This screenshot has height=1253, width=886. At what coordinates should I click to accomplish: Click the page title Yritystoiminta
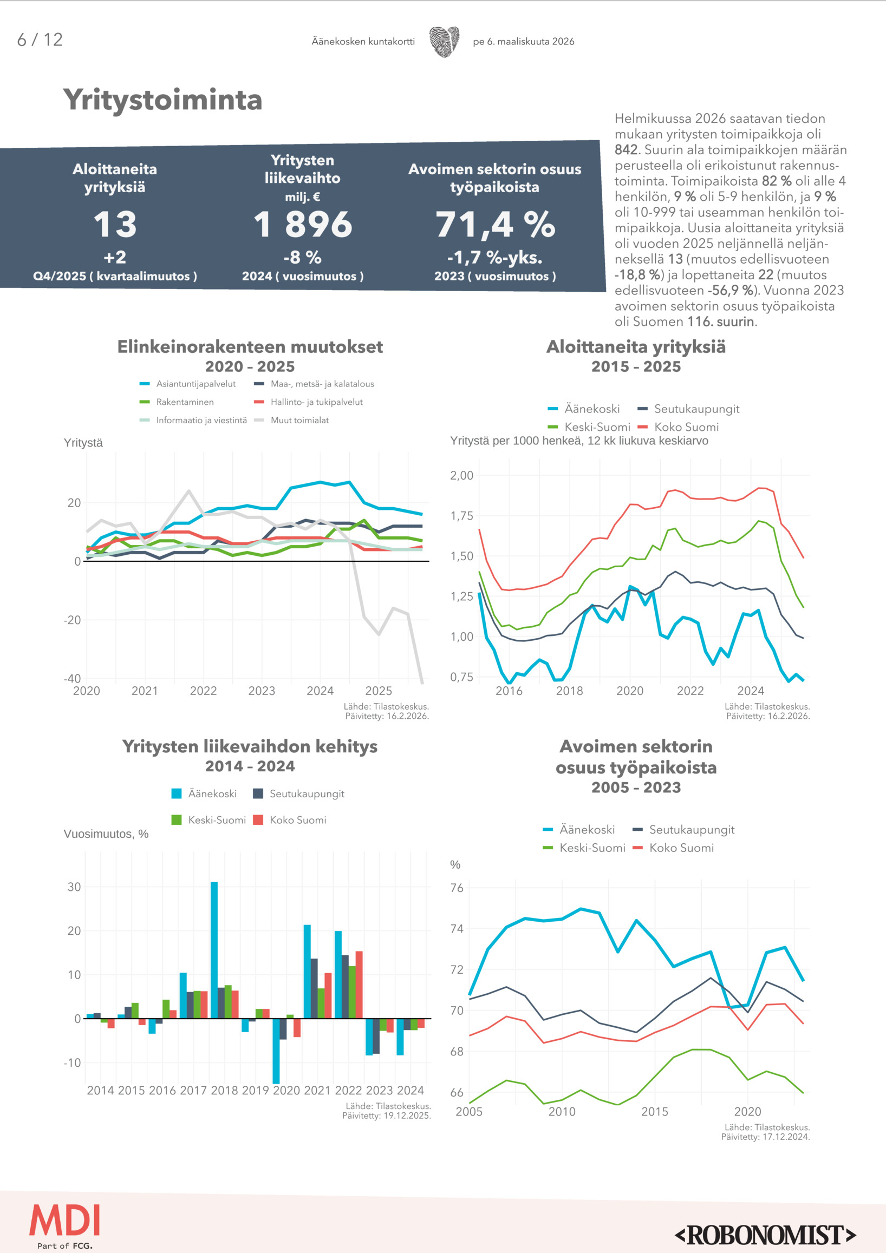point(162,100)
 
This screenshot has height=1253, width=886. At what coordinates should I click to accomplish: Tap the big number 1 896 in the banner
point(303,224)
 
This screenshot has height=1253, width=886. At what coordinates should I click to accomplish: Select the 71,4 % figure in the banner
point(495,224)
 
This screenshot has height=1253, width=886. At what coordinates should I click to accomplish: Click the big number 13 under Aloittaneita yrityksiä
point(115,224)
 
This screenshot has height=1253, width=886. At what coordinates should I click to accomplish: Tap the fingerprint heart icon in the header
point(444,42)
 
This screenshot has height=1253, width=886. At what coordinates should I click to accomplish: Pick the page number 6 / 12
point(40,40)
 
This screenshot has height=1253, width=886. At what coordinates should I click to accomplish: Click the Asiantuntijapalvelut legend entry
point(196,384)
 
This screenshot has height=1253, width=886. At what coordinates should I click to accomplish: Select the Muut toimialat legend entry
point(299,420)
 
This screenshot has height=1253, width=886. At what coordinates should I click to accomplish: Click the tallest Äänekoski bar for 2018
point(214,949)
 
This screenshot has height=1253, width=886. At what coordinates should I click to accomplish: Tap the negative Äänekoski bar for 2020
point(276,1051)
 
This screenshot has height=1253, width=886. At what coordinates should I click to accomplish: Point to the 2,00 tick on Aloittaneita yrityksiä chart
point(461,475)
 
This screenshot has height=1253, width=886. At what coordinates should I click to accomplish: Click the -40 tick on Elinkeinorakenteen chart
point(72,678)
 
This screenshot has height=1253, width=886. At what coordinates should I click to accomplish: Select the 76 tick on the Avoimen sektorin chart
point(457,888)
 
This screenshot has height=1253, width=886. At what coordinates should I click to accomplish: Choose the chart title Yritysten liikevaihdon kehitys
point(250,746)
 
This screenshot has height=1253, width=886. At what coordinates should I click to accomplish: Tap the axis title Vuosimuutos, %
point(106,834)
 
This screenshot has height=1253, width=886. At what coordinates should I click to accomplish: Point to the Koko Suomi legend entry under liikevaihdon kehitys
point(297,819)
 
